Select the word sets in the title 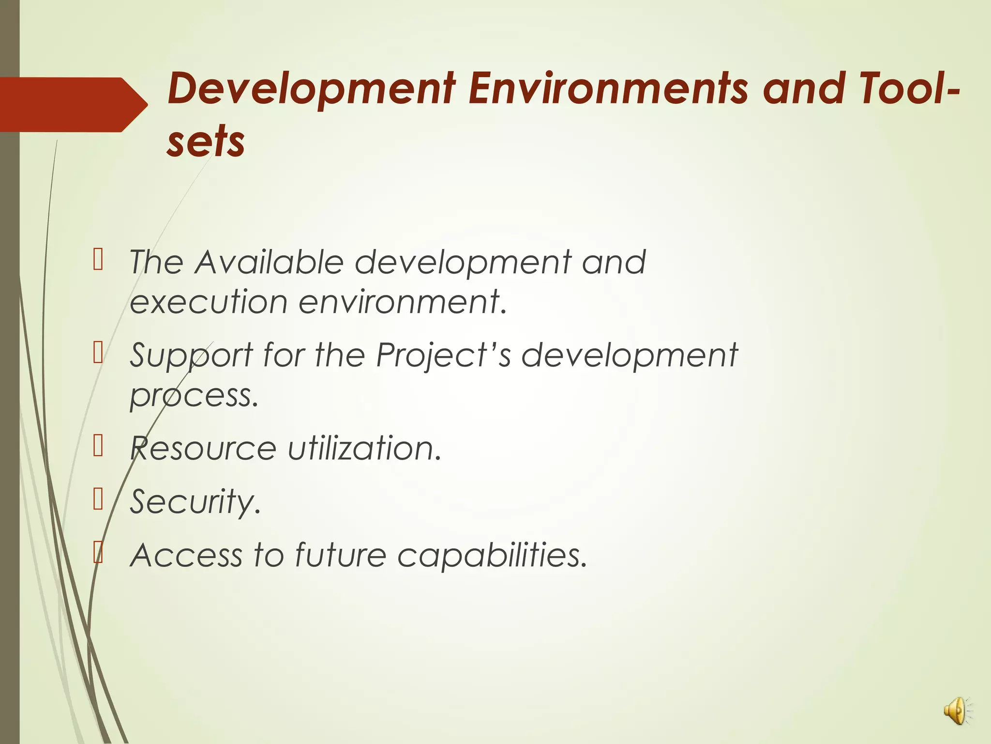coord(206,141)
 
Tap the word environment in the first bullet coord(402,302)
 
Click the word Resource coord(203,448)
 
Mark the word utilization coord(364,448)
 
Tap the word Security coord(195,502)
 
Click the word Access coord(186,555)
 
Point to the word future coord(341,555)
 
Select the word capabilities coord(492,555)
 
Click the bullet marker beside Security coord(98,500)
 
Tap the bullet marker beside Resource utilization coord(98,446)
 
